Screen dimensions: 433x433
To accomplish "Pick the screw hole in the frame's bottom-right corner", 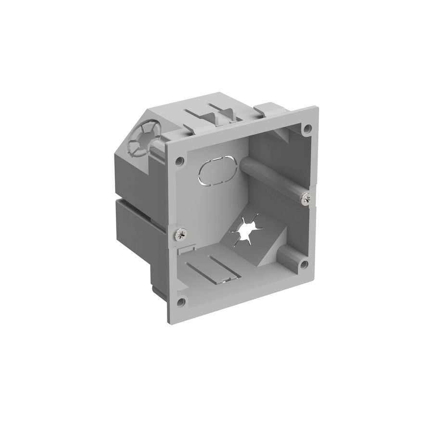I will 303,264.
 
